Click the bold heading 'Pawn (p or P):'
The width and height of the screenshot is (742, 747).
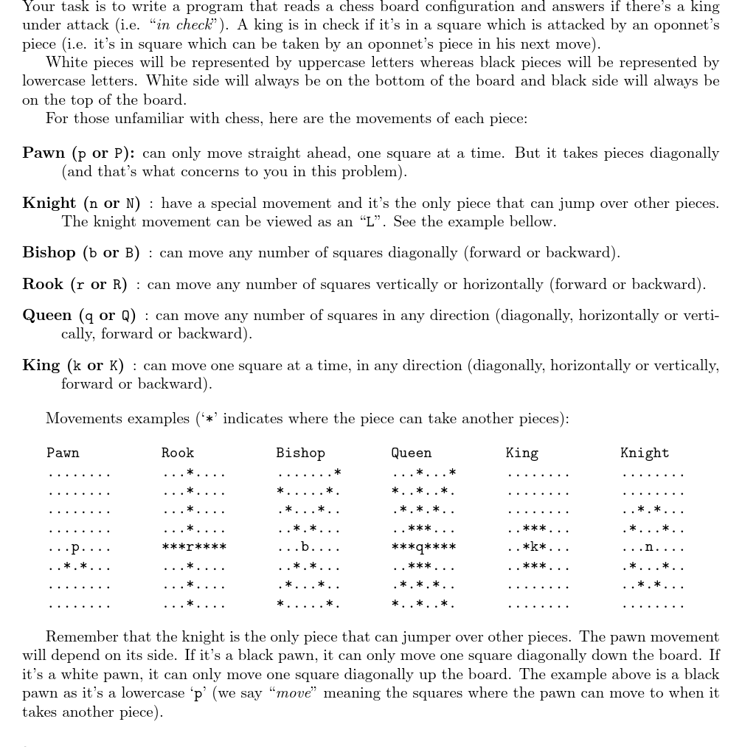78,153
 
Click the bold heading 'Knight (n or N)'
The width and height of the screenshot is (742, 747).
81,204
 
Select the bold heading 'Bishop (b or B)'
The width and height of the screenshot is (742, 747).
81,253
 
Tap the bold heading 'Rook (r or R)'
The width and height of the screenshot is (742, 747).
74,285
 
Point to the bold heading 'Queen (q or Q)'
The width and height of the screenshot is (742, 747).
79,316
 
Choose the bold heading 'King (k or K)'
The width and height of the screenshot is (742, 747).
73,366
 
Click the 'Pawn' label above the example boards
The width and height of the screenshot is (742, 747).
63,454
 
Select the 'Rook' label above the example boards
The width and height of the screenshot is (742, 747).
178,454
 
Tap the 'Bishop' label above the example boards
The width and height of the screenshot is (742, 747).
300,454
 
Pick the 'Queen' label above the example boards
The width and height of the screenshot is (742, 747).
411,454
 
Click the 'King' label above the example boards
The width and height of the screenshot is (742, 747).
522,454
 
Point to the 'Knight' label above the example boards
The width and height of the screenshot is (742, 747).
645,454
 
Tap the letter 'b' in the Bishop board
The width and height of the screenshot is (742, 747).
305,548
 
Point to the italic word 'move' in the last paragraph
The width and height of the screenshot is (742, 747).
293,693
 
